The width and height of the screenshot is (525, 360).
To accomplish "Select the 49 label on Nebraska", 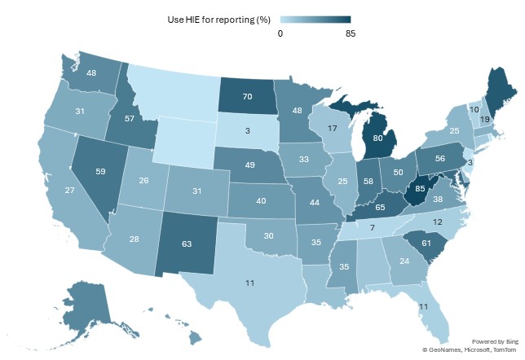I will pos(250,165).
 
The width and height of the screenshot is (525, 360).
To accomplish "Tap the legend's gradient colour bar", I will pos(315,19).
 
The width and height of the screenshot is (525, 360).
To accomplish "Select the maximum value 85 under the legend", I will pos(350,33).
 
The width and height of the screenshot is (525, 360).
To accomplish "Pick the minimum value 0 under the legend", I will pos(280,33).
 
